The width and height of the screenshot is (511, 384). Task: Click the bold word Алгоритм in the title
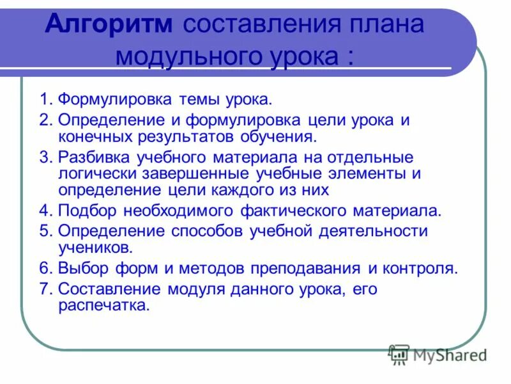109,24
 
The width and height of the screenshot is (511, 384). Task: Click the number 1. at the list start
45,100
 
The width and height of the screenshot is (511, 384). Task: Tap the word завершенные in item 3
201,173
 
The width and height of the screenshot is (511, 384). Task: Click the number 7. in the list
45,289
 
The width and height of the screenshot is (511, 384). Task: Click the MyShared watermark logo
438,354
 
